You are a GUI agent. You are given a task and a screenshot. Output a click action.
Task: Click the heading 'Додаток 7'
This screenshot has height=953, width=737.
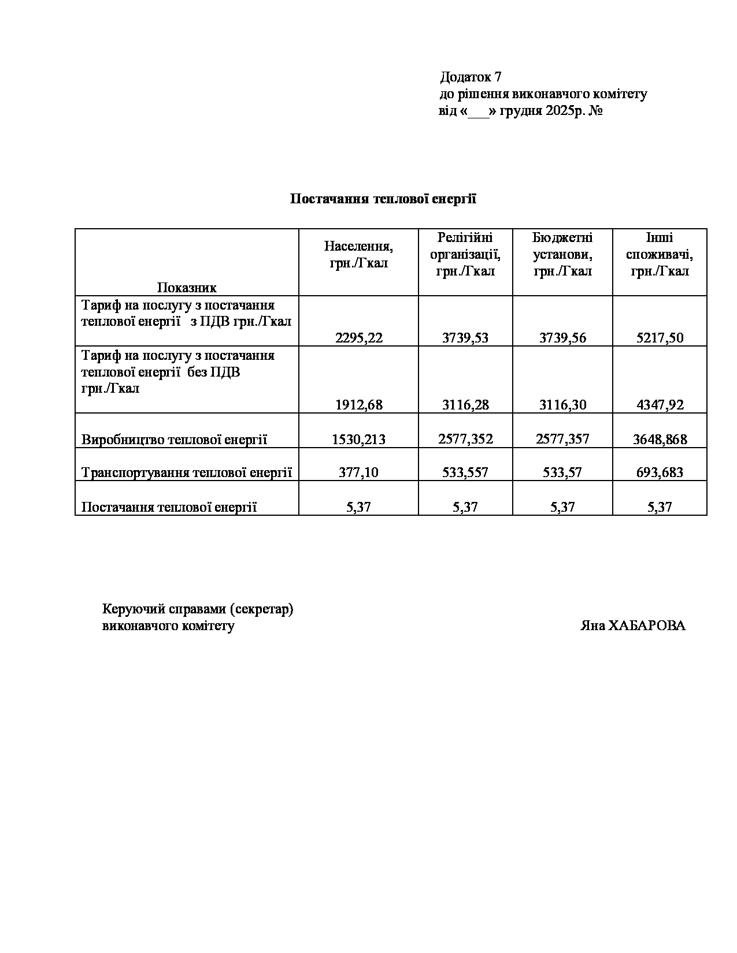471,77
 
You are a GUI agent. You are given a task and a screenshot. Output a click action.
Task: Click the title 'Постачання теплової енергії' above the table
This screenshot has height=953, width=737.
383,199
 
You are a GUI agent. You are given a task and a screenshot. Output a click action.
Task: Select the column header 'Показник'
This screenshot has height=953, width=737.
187,288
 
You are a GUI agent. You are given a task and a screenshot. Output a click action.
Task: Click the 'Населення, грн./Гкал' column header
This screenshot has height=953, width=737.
358,255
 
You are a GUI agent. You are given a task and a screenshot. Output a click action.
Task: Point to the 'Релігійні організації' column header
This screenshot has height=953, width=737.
465,254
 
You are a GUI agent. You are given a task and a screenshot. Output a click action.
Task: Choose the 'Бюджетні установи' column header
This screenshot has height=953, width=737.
562,254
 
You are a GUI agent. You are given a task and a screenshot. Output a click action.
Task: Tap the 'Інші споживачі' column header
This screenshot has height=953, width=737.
660,254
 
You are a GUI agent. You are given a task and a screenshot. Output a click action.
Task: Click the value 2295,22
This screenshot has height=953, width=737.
358,338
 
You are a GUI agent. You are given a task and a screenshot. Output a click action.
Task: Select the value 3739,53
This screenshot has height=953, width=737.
465,338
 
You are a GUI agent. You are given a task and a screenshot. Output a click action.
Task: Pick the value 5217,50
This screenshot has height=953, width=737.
660,338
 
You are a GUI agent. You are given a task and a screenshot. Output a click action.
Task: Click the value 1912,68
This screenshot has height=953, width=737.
358,405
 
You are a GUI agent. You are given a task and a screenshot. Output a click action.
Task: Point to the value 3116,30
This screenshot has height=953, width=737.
562,405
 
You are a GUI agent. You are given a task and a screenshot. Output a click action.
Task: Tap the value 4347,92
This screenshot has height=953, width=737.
660,405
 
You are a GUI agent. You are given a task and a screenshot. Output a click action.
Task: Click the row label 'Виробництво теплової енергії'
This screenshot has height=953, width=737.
174,440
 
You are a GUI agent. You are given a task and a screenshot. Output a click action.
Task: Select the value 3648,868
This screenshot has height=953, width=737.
660,440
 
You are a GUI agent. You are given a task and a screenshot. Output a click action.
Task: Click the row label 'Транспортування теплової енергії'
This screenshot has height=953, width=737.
186,472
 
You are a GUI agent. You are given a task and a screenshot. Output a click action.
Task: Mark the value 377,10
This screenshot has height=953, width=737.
358,472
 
